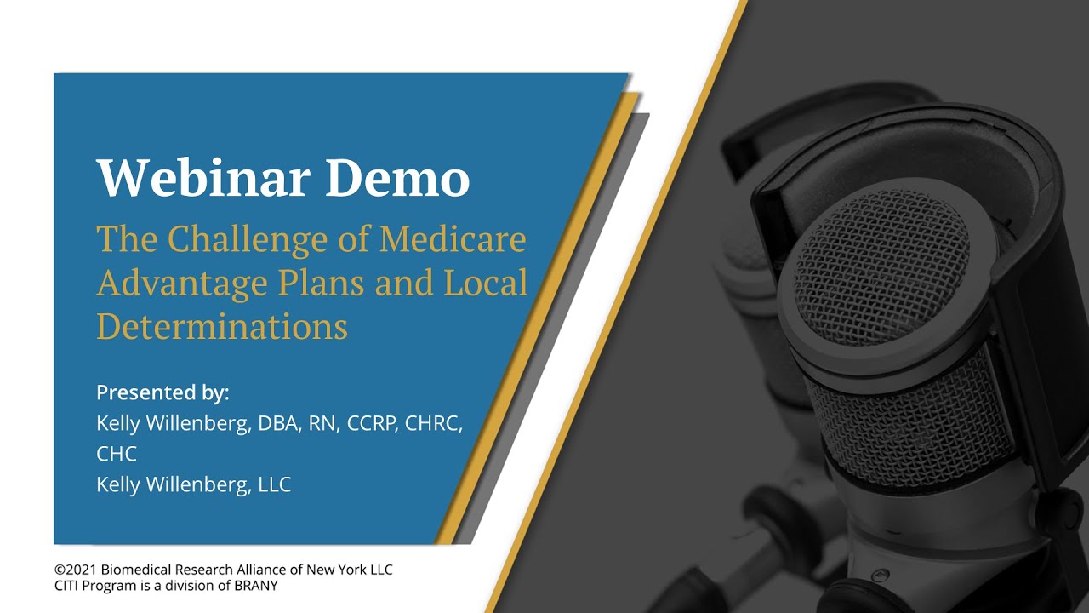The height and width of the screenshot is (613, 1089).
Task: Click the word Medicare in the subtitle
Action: point(453,240)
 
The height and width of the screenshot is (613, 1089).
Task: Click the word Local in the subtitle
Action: point(486,283)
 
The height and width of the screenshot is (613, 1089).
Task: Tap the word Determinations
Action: point(222,326)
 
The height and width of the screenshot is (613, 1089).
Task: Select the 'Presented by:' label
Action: point(162,392)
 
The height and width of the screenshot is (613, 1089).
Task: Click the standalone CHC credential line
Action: point(117,454)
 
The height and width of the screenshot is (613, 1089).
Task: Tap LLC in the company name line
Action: point(274,484)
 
